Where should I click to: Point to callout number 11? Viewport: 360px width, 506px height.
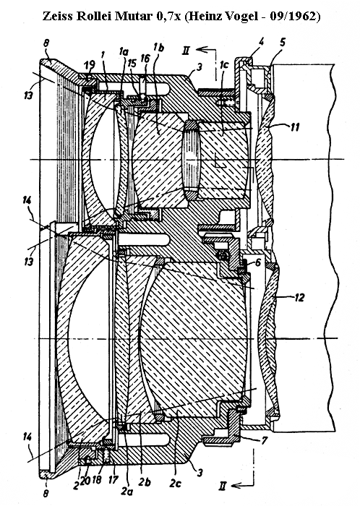click(294, 126)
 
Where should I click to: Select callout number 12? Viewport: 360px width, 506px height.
click(299, 297)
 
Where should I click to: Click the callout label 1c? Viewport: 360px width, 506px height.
click(223, 65)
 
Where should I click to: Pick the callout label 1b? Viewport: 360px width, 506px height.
click(158, 48)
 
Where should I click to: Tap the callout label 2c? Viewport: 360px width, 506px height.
click(176, 483)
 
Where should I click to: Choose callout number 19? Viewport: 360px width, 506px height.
click(90, 66)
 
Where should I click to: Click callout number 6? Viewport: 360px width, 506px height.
click(258, 262)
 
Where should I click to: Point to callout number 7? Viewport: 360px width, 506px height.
click(264, 440)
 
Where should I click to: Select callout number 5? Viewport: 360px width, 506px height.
click(283, 42)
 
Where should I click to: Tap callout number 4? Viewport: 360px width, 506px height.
click(261, 42)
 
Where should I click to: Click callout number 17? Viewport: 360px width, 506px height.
click(113, 479)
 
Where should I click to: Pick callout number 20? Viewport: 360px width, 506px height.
click(85, 481)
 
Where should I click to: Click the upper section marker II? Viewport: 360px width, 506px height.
click(186, 51)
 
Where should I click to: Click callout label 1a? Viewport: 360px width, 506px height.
click(124, 51)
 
